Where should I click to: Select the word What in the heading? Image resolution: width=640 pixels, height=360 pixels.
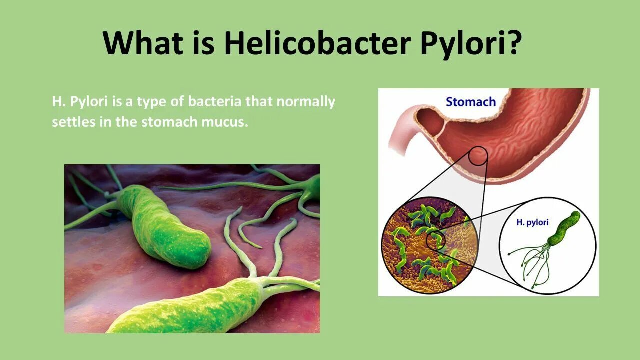click(x=143, y=43)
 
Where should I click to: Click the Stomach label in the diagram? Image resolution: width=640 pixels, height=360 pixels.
click(x=470, y=102)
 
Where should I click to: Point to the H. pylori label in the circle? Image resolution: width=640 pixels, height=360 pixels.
click(x=532, y=222)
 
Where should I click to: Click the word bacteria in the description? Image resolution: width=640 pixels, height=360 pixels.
click(x=215, y=102)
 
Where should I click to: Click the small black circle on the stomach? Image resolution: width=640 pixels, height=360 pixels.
click(x=478, y=156)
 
